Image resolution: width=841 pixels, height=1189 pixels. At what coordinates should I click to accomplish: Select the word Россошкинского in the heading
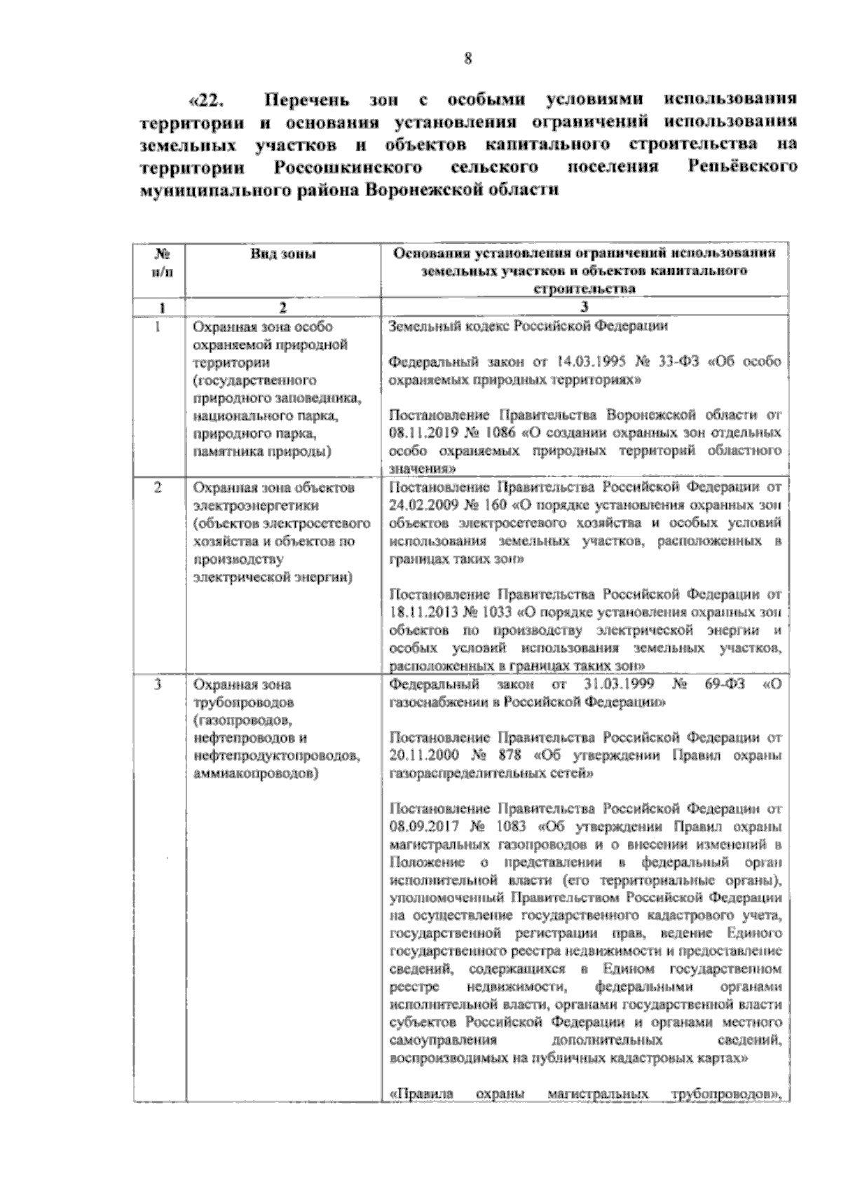coord(348,168)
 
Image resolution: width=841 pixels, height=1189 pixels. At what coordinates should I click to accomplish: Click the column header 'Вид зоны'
coord(282,254)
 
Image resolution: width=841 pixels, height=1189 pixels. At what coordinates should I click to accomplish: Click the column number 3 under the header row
coord(584,307)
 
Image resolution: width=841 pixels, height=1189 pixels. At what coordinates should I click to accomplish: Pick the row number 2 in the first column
coord(158,487)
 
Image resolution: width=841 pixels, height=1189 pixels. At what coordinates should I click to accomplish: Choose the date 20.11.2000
coord(419,756)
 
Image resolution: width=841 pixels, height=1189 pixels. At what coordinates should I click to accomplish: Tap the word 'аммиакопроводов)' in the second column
coord(254,774)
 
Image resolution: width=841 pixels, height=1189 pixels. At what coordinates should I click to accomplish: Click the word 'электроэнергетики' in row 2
coord(258,505)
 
